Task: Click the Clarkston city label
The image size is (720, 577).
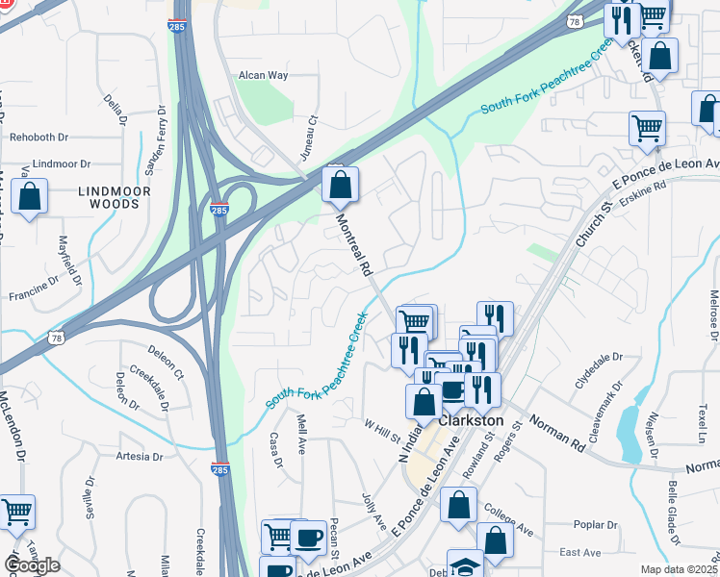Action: pyautogui.click(x=471, y=421)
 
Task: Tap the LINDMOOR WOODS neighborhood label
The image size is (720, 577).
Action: pyautogui.click(x=116, y=199)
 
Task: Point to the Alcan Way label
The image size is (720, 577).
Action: pyautogui.click(x=263, y=74)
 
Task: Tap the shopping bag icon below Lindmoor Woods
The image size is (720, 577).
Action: pyautogui.click(x=31, y=197)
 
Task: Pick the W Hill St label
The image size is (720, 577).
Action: pyautogui.click(x=382, y=430)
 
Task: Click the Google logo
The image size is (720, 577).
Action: pyautogui.click(x=31, y=564)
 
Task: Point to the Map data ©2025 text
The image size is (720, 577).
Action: pyautogui.click(x=679, y=569)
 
